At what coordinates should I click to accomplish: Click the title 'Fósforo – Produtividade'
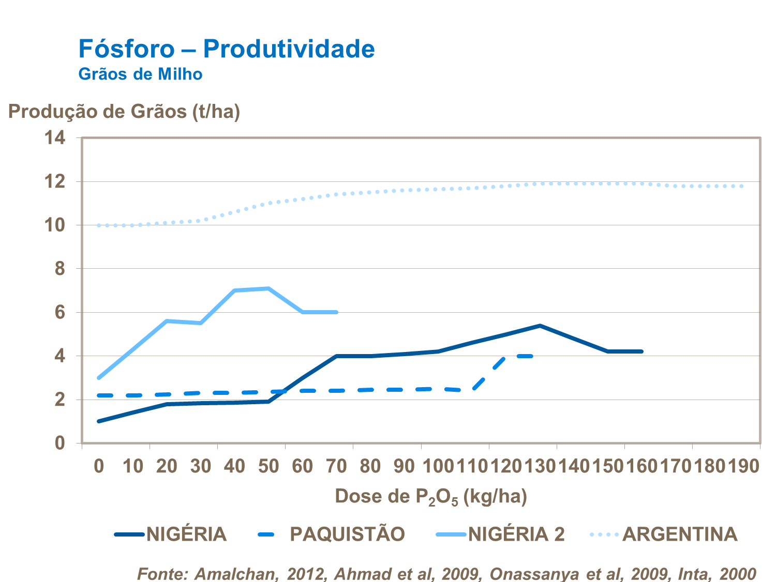227,49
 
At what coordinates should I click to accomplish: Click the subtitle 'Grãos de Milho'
140,74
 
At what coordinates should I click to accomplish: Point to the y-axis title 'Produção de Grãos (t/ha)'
124,112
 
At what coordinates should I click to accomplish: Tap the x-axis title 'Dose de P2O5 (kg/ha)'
431,496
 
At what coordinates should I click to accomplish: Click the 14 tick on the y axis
55,138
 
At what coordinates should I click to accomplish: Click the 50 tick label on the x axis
268,466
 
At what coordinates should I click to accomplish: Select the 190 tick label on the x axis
743,466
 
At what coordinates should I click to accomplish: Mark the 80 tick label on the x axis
370,466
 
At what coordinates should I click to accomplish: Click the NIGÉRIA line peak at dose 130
540,326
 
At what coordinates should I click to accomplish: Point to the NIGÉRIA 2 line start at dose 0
99,378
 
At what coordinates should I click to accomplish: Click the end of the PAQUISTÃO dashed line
532,356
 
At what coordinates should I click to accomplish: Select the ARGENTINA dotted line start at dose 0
99,225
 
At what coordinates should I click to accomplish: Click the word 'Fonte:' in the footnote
163,574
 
